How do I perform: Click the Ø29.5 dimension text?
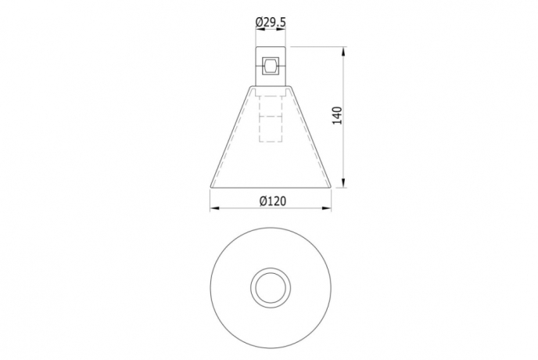coord(271,23)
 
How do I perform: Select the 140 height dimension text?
coord(337,115)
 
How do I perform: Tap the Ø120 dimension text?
coord(271,200)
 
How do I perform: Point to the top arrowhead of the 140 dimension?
coord(345,52)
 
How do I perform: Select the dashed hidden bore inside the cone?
coord(271,117)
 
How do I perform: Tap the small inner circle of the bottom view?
coord(271,286)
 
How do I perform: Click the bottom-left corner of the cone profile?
coord(212,187)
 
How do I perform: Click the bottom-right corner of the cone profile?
coord(329,187)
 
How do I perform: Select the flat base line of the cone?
coord(271,188)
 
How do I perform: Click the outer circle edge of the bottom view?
coord(213,286)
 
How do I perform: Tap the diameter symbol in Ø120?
coord(262,200)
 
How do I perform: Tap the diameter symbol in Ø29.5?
coord(259,23)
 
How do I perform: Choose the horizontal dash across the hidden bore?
coord(271,117)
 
